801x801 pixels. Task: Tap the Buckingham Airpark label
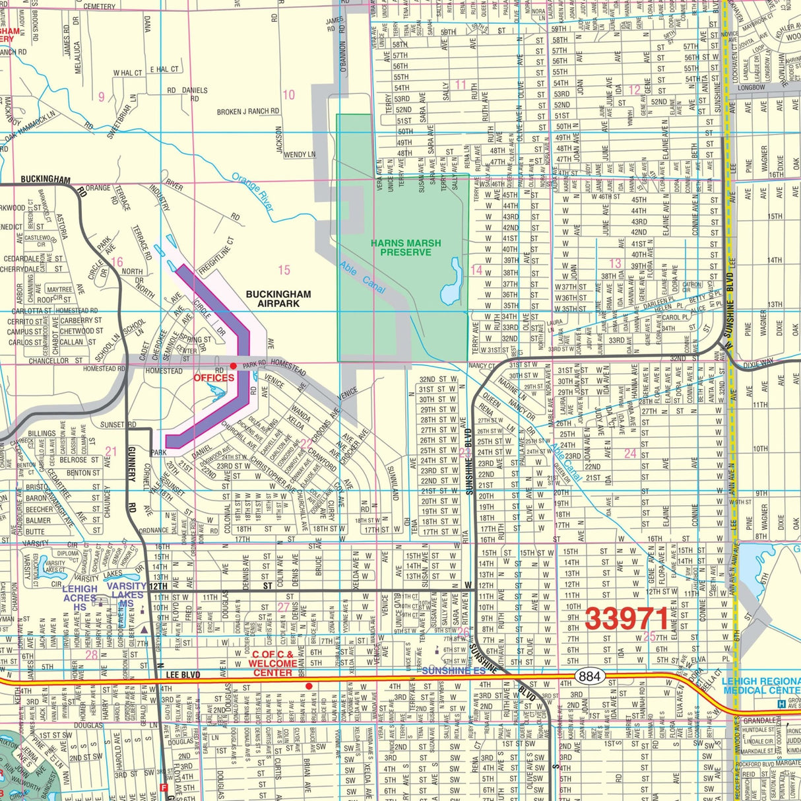[x=278, y=298]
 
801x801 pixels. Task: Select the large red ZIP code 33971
[x=627, y=619]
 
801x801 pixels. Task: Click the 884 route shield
[x=588, y=676]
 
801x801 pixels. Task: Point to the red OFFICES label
[x=214, y=378]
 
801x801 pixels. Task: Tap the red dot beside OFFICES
[x=233, y=366]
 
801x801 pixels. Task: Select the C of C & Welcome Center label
[x=272, y=663]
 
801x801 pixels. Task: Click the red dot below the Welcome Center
[x=308, y=686]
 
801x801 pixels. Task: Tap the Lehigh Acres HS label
[x=80, y=598]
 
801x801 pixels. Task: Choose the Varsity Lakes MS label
[x=127, y=594]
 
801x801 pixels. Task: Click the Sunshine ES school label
[x=453, y=671]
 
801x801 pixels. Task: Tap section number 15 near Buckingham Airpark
[x=284, y=269]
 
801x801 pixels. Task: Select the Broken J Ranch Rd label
[x=243, y=112]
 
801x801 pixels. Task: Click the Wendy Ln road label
[x=300, y=155]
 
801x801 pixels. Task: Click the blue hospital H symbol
[x=782, y=704]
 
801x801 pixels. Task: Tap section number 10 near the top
[x=288, y=95]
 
